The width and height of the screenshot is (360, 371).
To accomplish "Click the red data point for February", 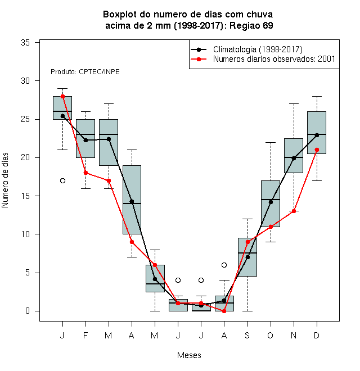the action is pyautogui.click(x=85, y=173).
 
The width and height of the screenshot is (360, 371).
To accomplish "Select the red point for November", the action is pyautogui.click(x=294, y=211).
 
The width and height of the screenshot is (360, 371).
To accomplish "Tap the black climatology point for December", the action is pyautogui.click(x=317, y=135).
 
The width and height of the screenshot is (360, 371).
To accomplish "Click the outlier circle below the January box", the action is pyautogui.click(x=62, y=181).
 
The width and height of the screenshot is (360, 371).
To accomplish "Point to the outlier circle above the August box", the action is pyautogui.click(x=224, y=265).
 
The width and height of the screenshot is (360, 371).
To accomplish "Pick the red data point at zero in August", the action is pyautogui.click(x=224, y=311).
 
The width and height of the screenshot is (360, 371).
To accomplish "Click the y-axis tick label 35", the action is pyautogui.click(x=25, y=43).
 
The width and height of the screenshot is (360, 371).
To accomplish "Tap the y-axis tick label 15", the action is pyautogui.click(x=25, y=196).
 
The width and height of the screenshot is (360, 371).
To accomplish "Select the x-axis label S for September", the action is pyautogui.click(x=247, y=335).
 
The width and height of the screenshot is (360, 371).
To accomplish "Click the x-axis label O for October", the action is pyautogui.click(x=270, y=335).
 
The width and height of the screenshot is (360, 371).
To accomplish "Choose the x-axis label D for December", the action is pyautogui.click(x=317, y=335).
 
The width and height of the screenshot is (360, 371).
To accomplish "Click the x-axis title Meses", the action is pyautogui.click(x=189, y=355).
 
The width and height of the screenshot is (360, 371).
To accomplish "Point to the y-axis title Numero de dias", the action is pyautogui.click(x=5, y=180).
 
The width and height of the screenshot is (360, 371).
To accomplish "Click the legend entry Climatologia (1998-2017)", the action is pyautogui.click(x=258, y=49).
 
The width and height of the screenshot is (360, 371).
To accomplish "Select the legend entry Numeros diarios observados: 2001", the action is pyautogui.click(x=274, y=59).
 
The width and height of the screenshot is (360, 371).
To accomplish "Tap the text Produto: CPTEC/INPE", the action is pyautogui.click(x=85, y=72).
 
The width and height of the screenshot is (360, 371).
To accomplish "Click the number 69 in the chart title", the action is pyautogui.click(x=268, y=25).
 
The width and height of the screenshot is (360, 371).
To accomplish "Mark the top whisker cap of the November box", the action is pyautogui.click(x=294, y=103).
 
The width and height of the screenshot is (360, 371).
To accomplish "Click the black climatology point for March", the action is pyautogui.click(x=109, y=139).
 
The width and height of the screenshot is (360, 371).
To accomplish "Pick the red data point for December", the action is pyautogui.click(x=317, y=150).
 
